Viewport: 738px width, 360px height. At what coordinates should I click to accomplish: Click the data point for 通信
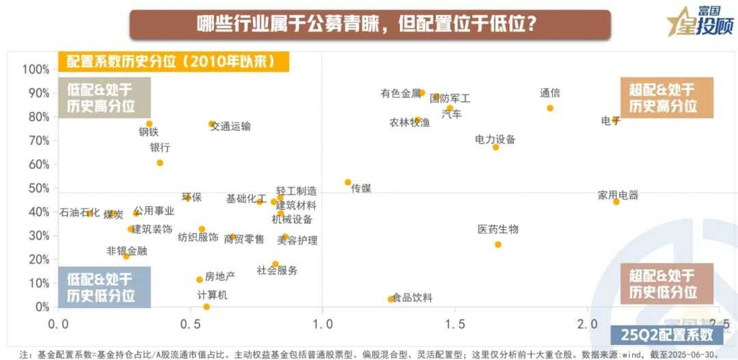pos(550,108)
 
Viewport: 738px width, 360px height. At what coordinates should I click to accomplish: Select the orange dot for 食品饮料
pos(391,299)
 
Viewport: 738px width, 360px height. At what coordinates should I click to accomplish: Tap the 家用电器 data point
pos(616,202)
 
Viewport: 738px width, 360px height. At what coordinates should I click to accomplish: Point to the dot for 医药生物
pos(497,245)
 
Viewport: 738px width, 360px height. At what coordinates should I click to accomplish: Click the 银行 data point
pos(160,163)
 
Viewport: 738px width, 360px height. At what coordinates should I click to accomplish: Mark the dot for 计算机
pos(206,307)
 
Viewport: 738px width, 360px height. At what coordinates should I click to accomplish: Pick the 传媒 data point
pos(348,182)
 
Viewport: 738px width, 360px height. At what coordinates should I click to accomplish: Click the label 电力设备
pos(495,139)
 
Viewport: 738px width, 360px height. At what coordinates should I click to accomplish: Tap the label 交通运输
pos(231,126)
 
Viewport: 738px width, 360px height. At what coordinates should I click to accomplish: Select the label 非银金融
pos(126,251)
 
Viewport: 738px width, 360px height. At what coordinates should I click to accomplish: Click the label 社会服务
pos(277,271)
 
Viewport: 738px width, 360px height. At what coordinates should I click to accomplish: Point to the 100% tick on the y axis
pos(36,69)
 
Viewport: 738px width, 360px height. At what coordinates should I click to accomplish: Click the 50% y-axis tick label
pos(38,188)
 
